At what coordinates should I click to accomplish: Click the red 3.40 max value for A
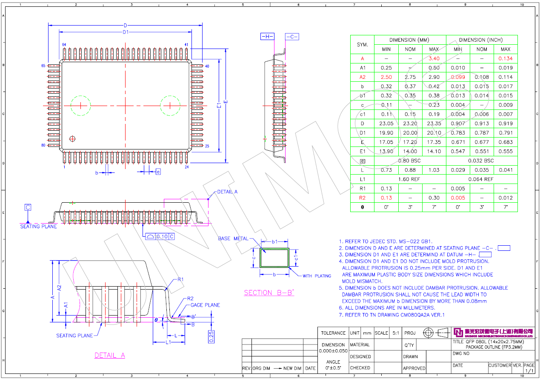434,59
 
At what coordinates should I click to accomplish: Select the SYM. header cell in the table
362,45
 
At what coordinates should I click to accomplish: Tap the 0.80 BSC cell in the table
410,161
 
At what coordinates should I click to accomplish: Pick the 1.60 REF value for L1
410,179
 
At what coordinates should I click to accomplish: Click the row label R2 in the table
362,198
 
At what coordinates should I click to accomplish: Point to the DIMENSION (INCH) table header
482,40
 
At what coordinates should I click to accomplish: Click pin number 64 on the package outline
64,45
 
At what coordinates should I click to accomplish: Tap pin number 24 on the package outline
186,167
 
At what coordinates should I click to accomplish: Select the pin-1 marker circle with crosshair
72,138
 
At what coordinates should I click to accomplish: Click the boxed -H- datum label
267,37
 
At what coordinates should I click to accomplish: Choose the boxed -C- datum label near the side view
292,37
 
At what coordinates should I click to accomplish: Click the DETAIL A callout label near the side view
227,192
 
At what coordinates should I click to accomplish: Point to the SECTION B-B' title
269,293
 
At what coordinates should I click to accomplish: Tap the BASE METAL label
233,238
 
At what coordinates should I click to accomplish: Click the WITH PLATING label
317,276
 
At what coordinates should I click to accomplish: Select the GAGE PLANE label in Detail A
205,305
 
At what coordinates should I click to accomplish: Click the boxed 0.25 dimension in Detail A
211,336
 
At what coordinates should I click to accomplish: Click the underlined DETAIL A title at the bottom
109,355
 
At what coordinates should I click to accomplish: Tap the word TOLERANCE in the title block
333,333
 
